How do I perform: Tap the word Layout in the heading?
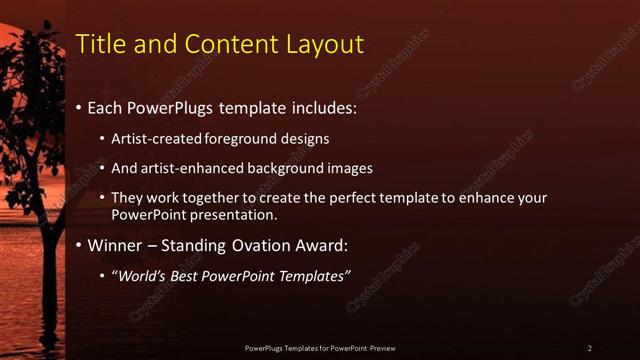click(x=328, y=44)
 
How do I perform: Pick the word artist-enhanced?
click(x=189, y=168)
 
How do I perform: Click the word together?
click(x=211, y=198)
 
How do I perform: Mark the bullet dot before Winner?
click(x=80, y=245)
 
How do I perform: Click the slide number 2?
click(x=590, y=348)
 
